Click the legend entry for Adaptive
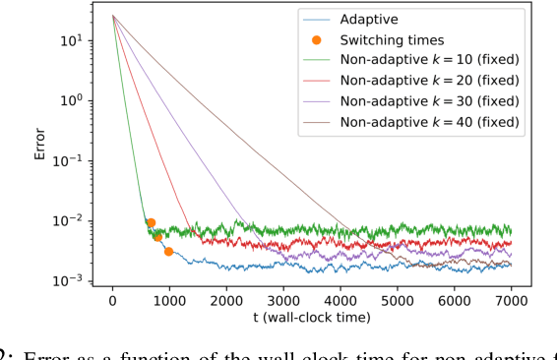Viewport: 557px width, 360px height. coord(368,19)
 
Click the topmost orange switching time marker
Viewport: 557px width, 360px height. coord(151,223)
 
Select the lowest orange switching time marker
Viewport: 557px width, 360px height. coord(168,252)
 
